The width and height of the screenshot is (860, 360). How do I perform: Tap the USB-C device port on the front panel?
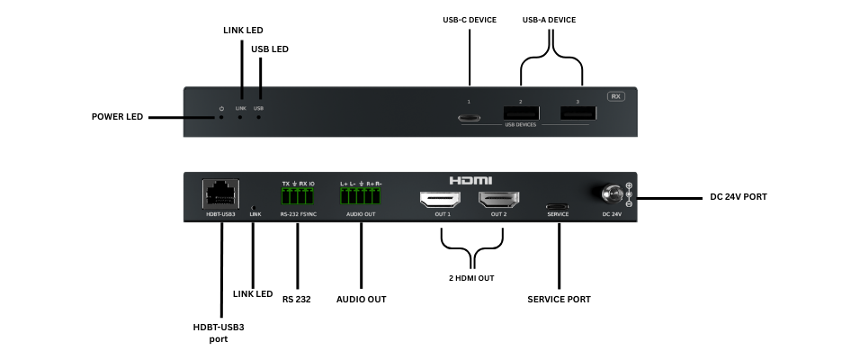point(469,117)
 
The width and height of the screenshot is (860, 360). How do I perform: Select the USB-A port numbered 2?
point(521,113)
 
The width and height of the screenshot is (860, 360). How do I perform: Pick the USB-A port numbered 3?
point(578,113)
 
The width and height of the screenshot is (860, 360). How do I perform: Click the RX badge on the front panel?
point(616,96)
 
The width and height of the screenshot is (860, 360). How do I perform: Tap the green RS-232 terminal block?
point(299,197)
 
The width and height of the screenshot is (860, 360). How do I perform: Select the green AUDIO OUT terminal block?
point(361,197)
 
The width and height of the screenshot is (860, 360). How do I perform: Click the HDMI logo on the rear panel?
point(470,180)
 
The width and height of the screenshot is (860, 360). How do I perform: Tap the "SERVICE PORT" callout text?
point(559,299)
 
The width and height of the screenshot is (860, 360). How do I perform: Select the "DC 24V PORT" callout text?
point(738,197)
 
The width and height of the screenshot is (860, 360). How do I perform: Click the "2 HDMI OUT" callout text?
point(472,278)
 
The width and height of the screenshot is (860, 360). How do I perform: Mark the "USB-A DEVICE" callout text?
point(549,20)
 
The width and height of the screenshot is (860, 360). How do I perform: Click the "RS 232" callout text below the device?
point(296,299)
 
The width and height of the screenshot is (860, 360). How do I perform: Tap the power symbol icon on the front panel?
point(221,108)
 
